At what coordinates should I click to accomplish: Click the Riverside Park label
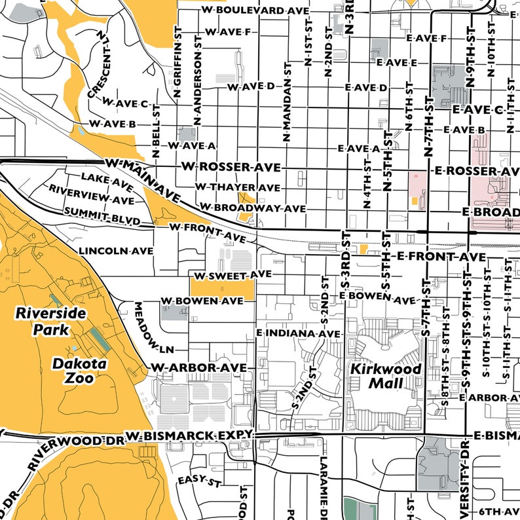51,321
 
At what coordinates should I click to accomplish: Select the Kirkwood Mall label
386,376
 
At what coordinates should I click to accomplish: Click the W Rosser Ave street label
231,167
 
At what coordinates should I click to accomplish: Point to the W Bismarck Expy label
189,436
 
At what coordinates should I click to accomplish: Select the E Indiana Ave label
299,334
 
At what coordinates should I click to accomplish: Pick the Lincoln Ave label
116,251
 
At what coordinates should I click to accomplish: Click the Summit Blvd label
102,216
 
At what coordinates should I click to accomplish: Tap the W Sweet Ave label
230,274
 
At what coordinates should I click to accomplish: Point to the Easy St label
200,481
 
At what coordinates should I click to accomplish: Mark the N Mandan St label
286,103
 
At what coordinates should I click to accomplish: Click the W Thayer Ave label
237,188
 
